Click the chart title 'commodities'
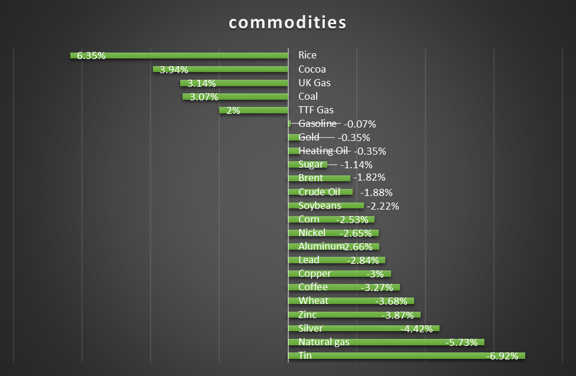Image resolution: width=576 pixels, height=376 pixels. point(287,23)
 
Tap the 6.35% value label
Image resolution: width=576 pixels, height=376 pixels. point(91,55)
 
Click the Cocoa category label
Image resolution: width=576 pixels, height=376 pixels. point(311,69)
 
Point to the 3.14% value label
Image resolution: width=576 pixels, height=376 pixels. point(201,83)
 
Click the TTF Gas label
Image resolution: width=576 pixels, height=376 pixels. point(315,110)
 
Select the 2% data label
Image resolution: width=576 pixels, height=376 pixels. point(233,110)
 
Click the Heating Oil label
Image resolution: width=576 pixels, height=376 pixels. point(323,151)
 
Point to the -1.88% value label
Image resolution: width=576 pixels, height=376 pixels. point(376,192)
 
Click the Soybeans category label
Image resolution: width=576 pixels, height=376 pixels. point(320,205)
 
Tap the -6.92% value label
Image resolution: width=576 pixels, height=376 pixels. point(502,356)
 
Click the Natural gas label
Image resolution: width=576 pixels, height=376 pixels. point(324,342)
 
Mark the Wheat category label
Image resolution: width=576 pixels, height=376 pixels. point(313,300)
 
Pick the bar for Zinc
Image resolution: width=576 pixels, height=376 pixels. point(354,315)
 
